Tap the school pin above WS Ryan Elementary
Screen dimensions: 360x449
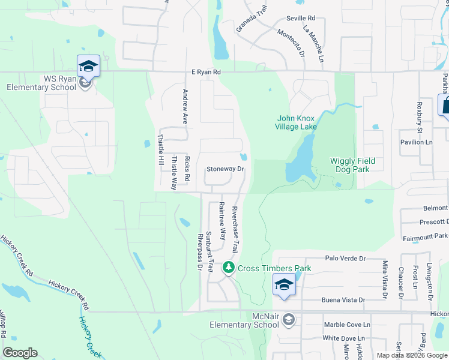[88, 65]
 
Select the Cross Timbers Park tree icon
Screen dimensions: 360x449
[228, 268]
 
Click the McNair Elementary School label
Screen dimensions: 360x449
[244, 321]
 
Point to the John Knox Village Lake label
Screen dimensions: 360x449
[296, 122]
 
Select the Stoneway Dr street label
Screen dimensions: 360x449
[225, 169]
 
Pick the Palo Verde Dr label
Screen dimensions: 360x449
[345, 258]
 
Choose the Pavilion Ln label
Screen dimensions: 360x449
[417, 142]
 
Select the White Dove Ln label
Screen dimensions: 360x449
[348, 338]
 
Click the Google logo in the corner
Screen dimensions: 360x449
[20, 353]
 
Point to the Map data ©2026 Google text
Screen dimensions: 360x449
[411, 355]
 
